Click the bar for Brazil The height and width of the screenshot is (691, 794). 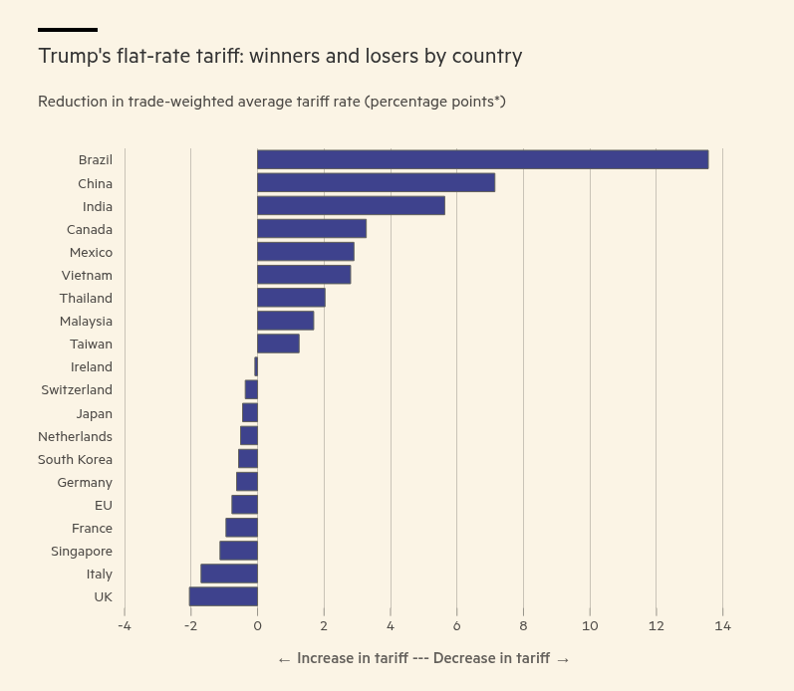click(x=482, y=159)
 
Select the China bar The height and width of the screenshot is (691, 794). click(x=376, y=182)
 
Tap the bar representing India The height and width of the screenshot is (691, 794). click(x=351, y=205)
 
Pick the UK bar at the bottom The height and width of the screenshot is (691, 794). click(x=223, y=596)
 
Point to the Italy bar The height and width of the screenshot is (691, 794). click(x=229, y=574)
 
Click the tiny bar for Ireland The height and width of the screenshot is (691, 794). click(x=256, y=366)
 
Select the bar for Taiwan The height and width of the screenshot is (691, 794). click(x=278, y=344)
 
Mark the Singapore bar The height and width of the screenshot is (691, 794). click(x=239, y=551)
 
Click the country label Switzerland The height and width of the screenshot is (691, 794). click(x=77, y=389)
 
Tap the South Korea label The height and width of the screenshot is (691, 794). click(x=75, y=459)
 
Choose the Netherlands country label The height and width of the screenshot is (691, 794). click(x=75, y=436)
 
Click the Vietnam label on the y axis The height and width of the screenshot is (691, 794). click(x=87, y=275)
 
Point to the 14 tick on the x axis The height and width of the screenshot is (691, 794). click(x=722, y=626)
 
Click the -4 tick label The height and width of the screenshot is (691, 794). click(x=125, y=626)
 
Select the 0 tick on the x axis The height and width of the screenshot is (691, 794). click(x=257, y=626)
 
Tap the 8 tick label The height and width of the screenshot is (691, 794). click(x=523, y=626)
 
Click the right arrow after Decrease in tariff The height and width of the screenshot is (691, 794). click(x=563, y=659)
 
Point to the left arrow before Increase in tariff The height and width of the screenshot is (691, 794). click(x=284, y=659)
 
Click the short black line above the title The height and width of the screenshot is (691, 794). click(x=68, y=30)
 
